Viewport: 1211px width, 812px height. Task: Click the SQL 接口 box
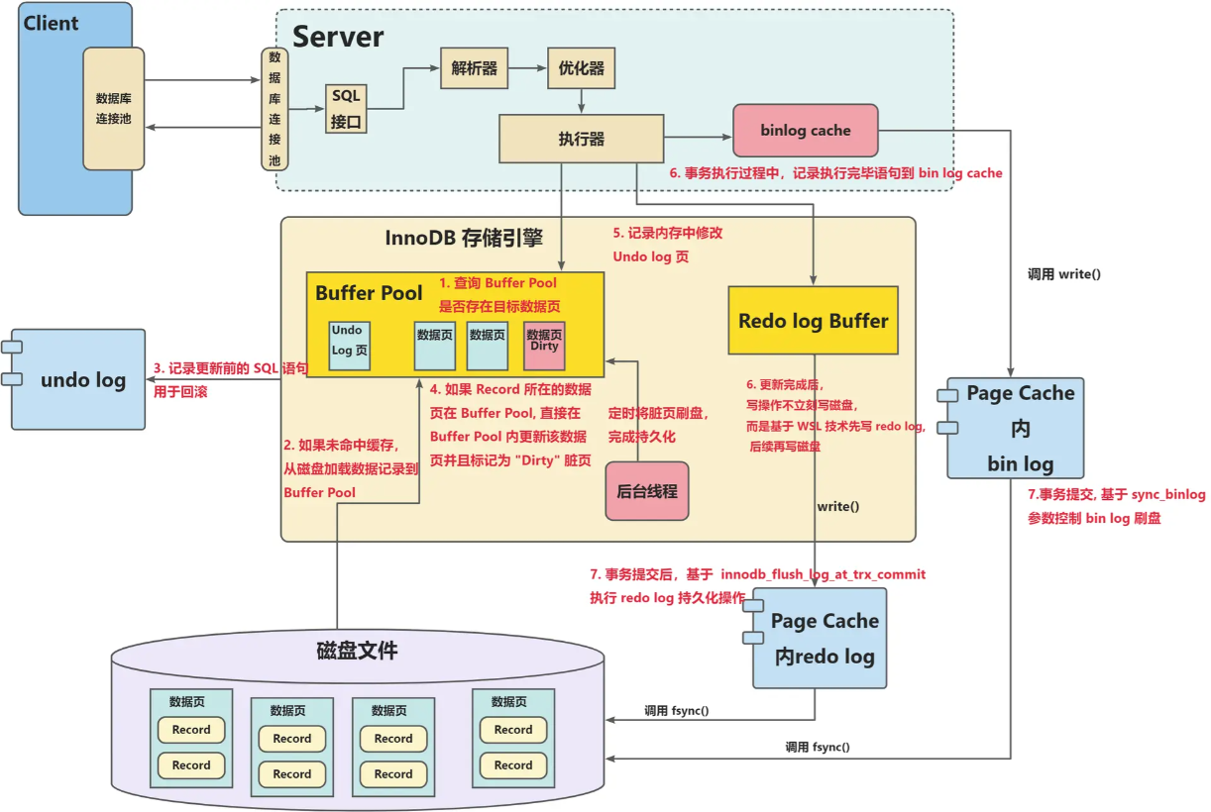click(347, 109)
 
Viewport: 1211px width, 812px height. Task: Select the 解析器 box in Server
click(474, 70)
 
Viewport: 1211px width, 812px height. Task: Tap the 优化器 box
click(581, 70)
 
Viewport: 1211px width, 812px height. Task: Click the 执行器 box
click(581, 139)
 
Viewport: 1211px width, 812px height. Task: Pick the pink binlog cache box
click(805, 130)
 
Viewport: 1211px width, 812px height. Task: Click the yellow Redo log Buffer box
click(813, 321)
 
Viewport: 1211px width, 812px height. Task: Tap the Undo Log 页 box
click(349, 345)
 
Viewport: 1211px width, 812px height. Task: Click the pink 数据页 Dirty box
click(544, 345)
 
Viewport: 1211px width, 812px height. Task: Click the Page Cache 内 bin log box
click(1015, 428)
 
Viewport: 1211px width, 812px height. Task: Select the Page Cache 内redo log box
click(820, 638)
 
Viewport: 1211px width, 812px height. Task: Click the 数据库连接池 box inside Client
click(113, 108)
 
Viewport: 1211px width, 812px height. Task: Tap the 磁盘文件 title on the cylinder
click(357, 651)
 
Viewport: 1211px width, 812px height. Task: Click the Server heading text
click(338, 38)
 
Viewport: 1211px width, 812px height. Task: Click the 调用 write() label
click(1063, 273)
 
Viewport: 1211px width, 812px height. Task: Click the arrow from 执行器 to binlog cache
click(698, 137)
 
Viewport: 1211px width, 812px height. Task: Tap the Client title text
click(51, 23)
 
